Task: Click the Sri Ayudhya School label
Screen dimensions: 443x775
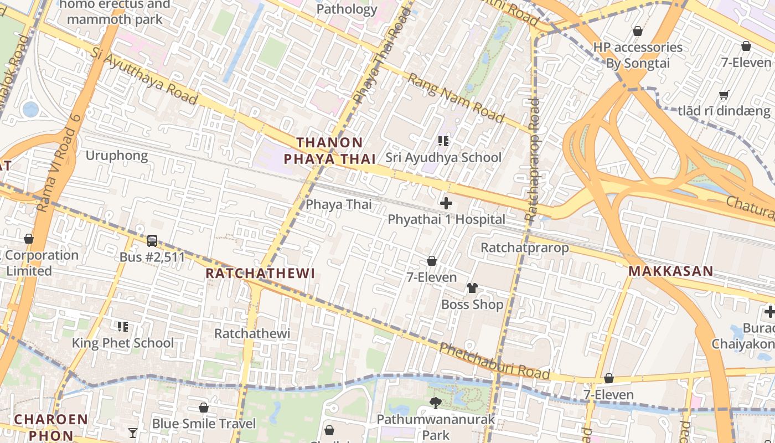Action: click(443, 157)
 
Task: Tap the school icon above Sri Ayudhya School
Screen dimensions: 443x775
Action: click(443, 141)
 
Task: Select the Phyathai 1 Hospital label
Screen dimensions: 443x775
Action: click(446, 219)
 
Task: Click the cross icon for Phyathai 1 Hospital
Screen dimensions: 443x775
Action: click(446, 203)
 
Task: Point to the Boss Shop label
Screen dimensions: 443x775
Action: click(472, 305)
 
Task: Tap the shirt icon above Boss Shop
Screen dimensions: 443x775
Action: click(472, 288)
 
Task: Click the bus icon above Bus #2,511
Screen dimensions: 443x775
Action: click(152, 241)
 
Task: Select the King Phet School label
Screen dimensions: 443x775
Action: click(123, 343)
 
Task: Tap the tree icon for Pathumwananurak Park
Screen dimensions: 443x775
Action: click(436, 403)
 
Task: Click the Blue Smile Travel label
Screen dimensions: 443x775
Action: click(204, 424)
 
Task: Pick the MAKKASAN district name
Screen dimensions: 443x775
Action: click(671, 271)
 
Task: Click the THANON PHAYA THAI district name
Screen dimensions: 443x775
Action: click(330, 151)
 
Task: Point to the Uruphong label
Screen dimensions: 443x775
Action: click(116, 156)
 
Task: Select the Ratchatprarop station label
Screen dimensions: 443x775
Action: click(524, 248)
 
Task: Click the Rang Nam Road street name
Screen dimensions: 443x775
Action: click(456, 98)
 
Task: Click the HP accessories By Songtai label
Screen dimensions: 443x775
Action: click(638, 55)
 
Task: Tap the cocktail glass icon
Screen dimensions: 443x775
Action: click(133, 432)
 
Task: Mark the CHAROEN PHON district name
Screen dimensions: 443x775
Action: click(51, 427)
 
